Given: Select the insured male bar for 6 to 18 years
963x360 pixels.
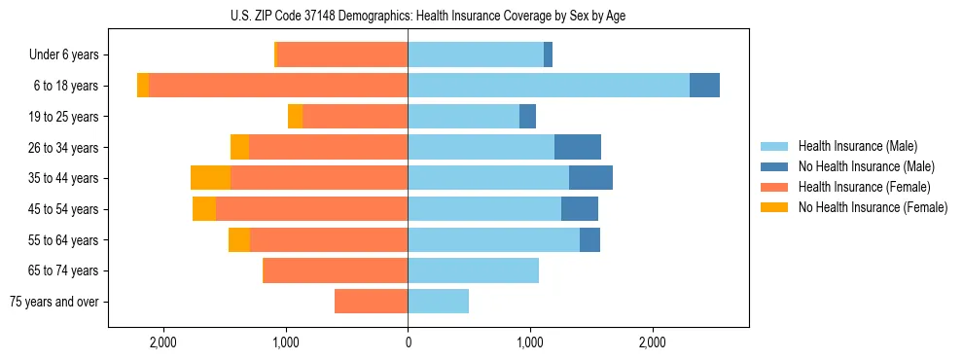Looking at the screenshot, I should (549, 86).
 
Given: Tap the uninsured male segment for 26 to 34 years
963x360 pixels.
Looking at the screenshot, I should (578, 147).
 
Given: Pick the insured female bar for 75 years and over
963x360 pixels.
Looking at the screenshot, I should (371, 302).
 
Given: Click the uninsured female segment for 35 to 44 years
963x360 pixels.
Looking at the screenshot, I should (210, 178).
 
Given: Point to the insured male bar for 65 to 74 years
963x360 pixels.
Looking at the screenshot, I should (473, 270).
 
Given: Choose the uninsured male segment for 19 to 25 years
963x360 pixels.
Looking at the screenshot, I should (527, 117).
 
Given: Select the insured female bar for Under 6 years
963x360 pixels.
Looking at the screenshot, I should (342, 54).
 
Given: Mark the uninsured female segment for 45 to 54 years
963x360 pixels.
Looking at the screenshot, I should (204, 209).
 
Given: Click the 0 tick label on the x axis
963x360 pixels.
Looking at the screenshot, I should (408, 342).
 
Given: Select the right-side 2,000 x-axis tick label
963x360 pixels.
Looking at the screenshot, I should (653, 342).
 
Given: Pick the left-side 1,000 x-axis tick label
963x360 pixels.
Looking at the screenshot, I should (285, 342).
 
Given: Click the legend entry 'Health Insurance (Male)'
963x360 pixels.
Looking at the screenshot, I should (857, 146).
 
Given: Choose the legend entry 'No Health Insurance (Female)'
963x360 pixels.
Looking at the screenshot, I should (873, 207).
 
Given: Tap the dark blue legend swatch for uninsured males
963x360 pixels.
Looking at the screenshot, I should (775, 166).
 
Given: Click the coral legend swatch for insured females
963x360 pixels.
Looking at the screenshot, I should (775, 187).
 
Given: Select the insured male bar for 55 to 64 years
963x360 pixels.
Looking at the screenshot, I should (493, 240).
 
